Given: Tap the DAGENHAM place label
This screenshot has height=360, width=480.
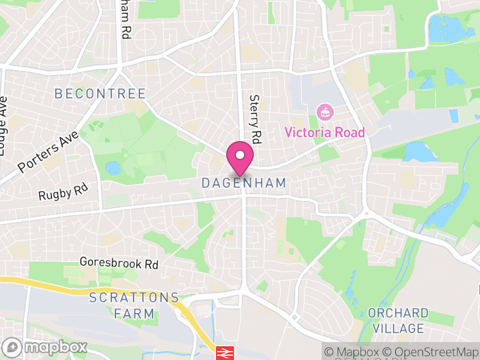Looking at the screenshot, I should (244, 183).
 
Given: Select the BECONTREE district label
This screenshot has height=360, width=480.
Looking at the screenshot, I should (100, 94).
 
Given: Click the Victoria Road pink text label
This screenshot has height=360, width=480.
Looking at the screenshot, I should (325, 132).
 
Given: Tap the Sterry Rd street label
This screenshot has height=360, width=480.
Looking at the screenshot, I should (256, 119).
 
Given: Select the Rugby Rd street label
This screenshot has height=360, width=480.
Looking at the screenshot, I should (63, 193).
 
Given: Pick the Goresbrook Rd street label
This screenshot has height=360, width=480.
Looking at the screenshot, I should (119, 263).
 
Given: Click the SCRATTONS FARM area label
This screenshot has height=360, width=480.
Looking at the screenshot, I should (134, 305).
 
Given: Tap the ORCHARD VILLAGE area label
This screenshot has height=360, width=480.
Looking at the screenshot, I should (398, 320).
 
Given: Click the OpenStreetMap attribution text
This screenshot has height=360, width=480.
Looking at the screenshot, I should (432, 352).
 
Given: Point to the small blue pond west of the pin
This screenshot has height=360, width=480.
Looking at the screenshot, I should (112, 167).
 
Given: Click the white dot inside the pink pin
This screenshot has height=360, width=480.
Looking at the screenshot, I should (240, 155).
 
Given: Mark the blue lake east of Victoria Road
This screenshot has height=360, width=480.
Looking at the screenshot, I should (421, 152).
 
